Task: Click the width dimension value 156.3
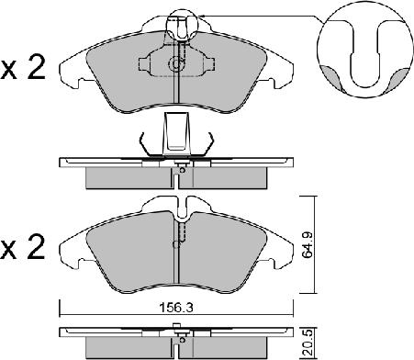pyautogui.click(x=176, y=308)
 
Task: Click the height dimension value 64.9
pyautogui.click(x=307, y=244)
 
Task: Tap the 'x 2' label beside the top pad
pyautogui.click(x=23, y=68)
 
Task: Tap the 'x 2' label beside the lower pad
pyautogui.click(x=23, y=248)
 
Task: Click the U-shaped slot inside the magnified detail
pyautogui.click(x=365, y=54)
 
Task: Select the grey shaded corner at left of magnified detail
pyautogui.click(x=330, y=76)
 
